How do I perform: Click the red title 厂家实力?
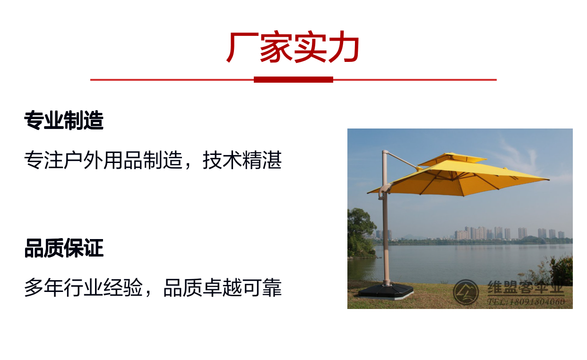(x=293, y=47)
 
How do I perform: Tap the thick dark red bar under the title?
(x=293, y=79)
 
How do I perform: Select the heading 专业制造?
(x=64, y=120)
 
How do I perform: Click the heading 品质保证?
(x=64, y=248)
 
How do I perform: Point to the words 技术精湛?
(x=242, y=160)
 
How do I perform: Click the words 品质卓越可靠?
(x=222, y=287)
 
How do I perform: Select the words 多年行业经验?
(x=83, y=287)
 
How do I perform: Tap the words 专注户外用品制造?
(x=103, y=160)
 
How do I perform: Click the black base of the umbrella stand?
(x=386, y=291)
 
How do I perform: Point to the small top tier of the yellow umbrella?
(x=452, y=159)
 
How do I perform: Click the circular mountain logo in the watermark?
(x=466, y=292)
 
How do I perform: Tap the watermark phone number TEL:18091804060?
(x=526, y=302)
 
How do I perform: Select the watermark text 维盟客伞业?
(x=526, y=287)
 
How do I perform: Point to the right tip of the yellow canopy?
(x=549, y=180)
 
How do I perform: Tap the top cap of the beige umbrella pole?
(x=385, y=152)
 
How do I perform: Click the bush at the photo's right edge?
(x=561, y=270)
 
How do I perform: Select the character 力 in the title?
(x=344, y=47)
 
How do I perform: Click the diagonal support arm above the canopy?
(x=402, y=160)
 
